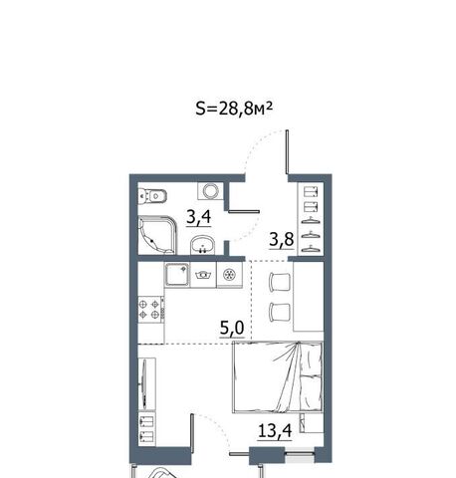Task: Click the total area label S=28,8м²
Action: click(234, 109)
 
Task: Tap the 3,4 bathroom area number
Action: click(199, 218)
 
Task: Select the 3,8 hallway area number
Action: click(282, 239)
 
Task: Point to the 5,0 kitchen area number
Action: click(232, 328)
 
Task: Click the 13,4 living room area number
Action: click(275, 431)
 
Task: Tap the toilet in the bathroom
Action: click(151, 195)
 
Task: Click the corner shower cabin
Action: click(156, 235)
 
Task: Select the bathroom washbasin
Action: click(203, 245)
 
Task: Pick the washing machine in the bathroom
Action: click(210, 191)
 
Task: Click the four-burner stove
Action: click(151, 309)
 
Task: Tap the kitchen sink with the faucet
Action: click(203, 275)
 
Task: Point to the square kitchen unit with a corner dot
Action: click(177, 275)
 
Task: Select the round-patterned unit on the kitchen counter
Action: click(229, 275)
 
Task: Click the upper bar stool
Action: click(280, 283)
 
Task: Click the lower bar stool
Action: click(280, 312)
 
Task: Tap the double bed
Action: click(278, 377)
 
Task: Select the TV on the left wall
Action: click(143, 382)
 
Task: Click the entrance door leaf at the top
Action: click(287, 151)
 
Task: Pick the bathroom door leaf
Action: click(244, 211)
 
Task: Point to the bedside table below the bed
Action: click(312, 423)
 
